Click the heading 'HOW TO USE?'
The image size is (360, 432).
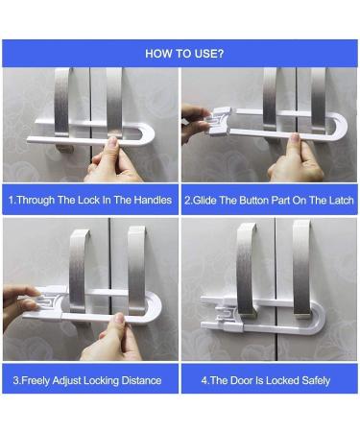click(x=184, y=54)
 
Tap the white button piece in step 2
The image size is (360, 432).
click(x=220, y=121)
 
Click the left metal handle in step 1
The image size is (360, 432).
click(x=62, y=103)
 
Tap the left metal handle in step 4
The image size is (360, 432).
click(x=247, y=269)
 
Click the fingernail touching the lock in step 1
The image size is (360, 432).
click(x=112, y=141)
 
